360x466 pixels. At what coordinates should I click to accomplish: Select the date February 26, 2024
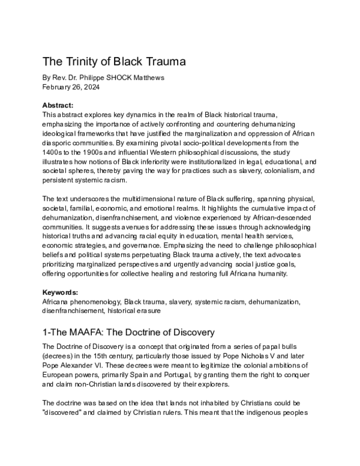point(72,86)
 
